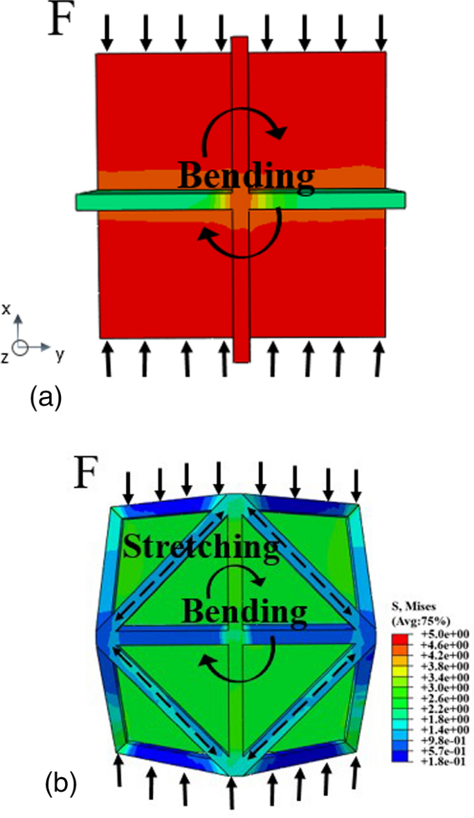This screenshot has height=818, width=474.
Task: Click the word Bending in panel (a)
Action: [x=246, y=176]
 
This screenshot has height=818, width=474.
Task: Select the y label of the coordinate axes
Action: [x=60, y=355]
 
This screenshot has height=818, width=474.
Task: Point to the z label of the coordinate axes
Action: [x=5, y=357]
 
